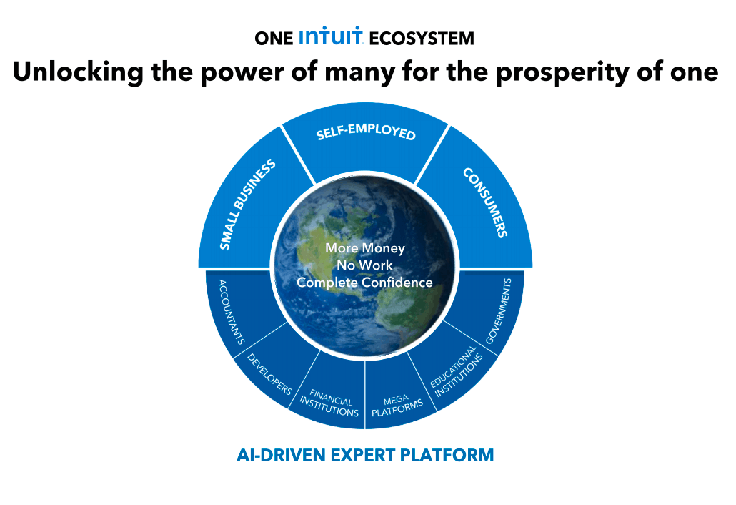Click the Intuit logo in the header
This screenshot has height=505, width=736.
331,36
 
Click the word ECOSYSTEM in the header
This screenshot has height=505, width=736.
422,39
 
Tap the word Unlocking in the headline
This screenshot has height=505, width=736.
78,72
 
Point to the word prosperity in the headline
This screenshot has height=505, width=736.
562,73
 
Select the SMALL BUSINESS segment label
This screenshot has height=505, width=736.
247,205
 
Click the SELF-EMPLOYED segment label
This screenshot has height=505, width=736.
366,132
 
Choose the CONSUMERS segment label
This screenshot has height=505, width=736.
485,202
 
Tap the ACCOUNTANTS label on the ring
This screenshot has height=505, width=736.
232,312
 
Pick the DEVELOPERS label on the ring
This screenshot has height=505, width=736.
269,374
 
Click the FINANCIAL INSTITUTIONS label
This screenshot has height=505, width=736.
329,403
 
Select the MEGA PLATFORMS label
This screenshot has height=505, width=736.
397,406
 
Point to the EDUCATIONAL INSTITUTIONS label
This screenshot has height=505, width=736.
456,371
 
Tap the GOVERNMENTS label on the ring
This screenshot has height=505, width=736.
499,311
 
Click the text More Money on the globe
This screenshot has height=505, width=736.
365,248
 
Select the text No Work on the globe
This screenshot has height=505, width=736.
364,265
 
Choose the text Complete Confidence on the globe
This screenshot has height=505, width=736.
364,283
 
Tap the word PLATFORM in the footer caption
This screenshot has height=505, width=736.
447,455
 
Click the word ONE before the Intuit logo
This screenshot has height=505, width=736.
274,39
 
